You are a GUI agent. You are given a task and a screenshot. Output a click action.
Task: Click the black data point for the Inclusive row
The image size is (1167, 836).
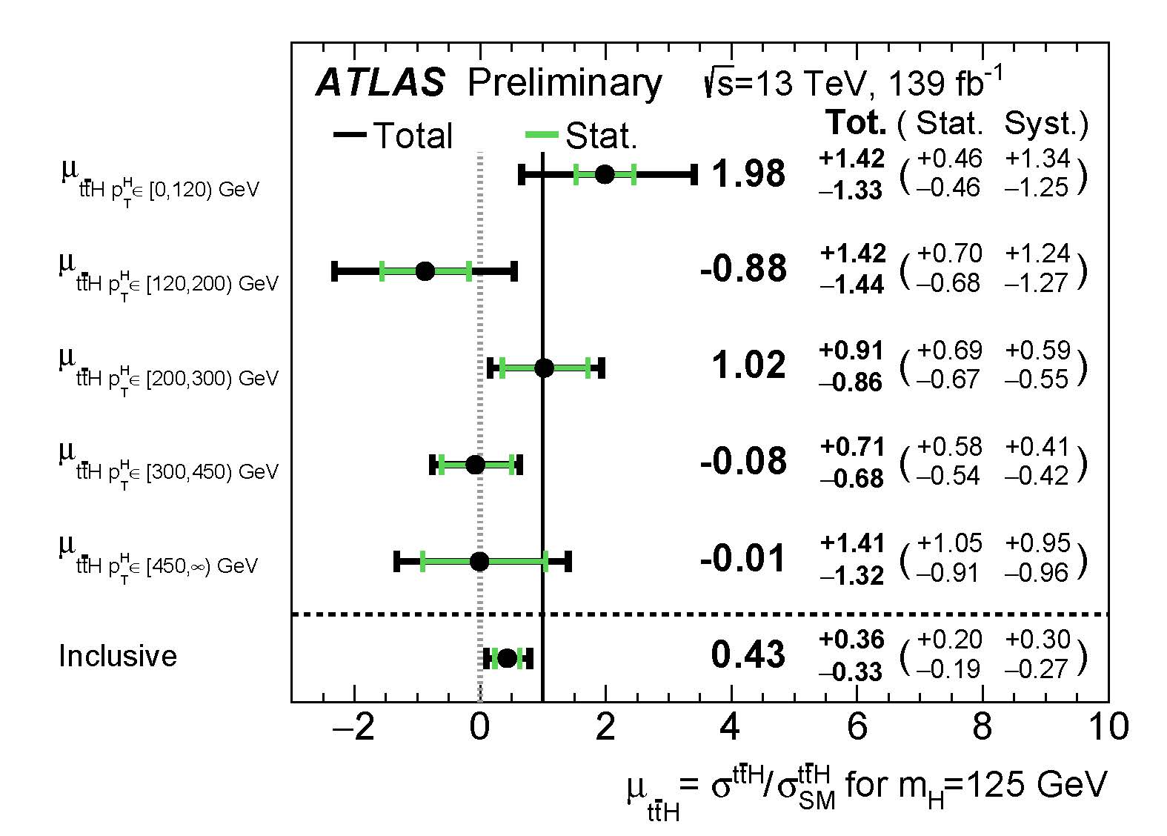(x=507, y=658)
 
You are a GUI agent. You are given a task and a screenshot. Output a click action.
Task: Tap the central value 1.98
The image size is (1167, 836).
(x=748, y=173)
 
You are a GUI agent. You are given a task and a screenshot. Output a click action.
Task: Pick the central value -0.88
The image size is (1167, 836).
(x=743, y=268)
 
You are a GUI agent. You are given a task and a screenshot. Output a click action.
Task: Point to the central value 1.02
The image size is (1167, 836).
(x=748, y=365)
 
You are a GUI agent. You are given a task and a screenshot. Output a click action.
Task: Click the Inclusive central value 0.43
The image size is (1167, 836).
(x=748, y=654)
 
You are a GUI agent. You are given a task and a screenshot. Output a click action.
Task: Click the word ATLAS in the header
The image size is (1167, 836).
(x=381, y=82)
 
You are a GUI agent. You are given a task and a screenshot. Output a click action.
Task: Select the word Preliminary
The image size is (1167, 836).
(x=565, y=82)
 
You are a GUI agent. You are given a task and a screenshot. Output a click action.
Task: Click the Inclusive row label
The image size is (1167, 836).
(x=118, y=656)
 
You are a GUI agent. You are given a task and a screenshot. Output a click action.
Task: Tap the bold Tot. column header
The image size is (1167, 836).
(x=856, y=123)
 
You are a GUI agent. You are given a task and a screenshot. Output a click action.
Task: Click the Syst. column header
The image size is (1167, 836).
(x=1045, y=124)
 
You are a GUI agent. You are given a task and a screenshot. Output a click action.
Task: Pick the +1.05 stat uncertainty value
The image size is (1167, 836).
(x=949, y=543)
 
